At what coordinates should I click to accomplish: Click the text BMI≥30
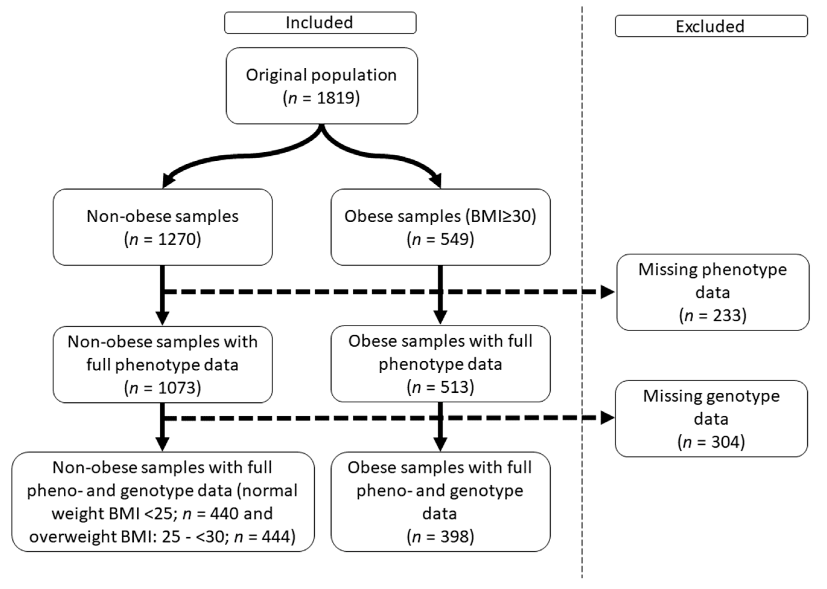(x=500, y=217)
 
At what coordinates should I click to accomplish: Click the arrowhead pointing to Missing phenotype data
(x=607, y=291)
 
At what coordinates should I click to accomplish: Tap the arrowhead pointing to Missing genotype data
(x=607, y=418)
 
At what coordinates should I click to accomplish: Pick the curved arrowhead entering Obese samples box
(x=437, y=181)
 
